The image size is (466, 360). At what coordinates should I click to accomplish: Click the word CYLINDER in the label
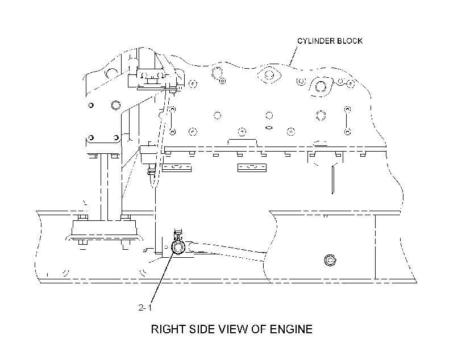(x=315, y=41)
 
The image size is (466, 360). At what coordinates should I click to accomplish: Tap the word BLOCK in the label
(x=349, y=41)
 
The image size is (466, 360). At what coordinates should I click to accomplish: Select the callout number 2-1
(x=145, y=307)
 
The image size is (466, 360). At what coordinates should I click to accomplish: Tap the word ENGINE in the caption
(x=291, y=329)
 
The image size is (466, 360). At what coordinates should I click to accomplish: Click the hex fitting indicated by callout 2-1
(x=178, y=247)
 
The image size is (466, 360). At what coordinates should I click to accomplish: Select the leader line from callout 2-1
(x=163, y=278)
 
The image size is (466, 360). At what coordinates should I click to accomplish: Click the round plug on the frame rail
(x=330, y=260)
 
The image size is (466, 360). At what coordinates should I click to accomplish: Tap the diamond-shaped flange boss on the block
(x=269, y=75)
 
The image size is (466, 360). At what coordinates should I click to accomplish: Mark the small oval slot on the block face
(x=269, y=128)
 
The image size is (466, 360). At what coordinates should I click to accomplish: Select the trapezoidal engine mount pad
(x=104, y=228)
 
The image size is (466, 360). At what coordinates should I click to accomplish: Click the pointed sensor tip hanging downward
(x=152, y=181)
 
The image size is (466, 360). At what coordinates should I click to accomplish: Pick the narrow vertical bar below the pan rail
(x=333, y=180)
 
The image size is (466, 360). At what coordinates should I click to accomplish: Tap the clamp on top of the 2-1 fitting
(x=178, y=235)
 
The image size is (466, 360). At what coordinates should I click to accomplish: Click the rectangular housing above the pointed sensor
(x=148, y=154)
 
